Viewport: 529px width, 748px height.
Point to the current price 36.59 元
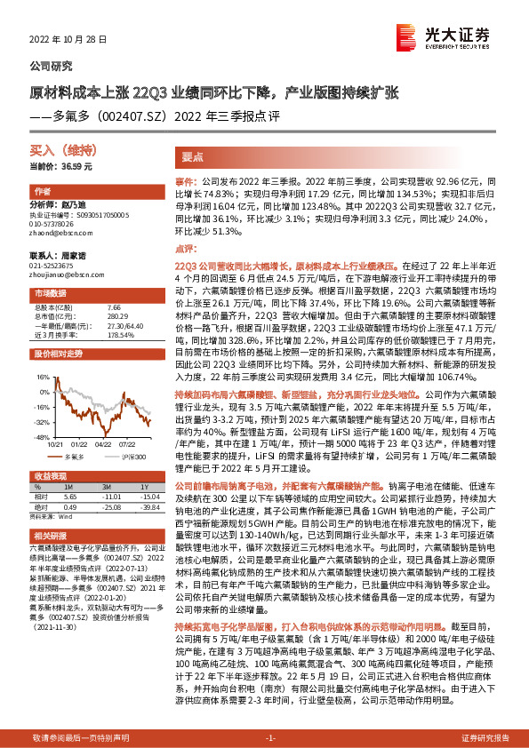(61, 166)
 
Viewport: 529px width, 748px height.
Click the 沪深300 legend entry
(129, 455)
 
